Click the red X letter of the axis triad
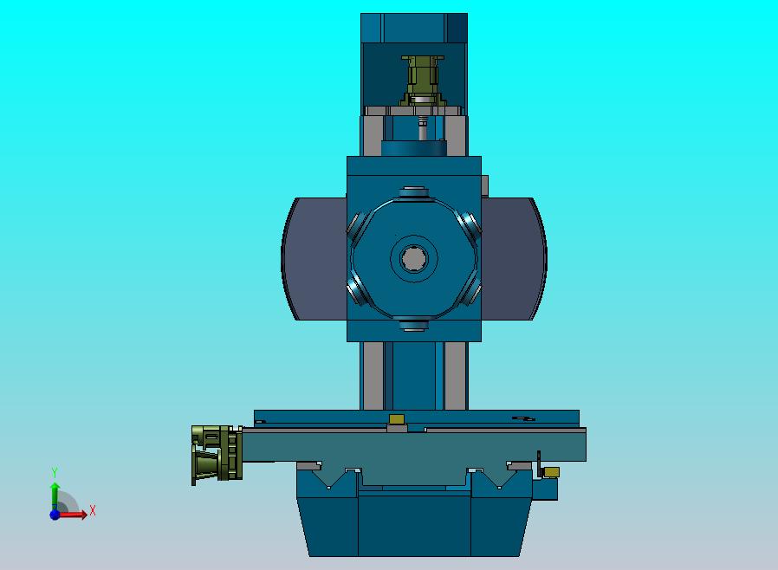point(93,510)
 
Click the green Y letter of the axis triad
point(55,472)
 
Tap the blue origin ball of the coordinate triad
point(55,515)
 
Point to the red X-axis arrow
point(72,515)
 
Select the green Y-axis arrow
point(55,496)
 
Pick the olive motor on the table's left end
point(217,455)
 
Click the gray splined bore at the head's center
point(413,258)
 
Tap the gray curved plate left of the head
point(314,258)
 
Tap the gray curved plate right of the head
point(514,258)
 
